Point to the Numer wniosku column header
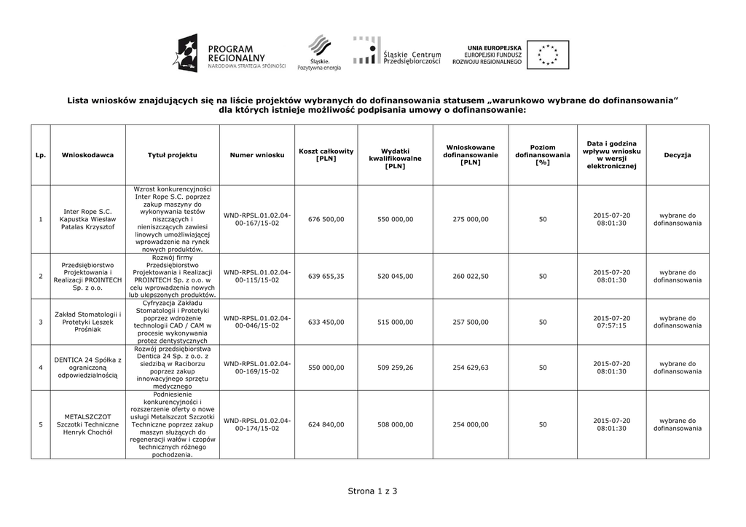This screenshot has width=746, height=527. click(257, 155)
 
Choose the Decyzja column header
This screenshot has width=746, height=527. click(677, 155)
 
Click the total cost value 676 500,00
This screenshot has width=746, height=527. click(326, 219)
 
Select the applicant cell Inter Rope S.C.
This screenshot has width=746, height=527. click(87, 219)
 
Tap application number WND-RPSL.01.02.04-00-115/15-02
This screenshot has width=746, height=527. click(257, 276)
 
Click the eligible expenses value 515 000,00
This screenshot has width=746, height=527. click(396, 322)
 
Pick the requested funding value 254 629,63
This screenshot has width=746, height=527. click(471, 368)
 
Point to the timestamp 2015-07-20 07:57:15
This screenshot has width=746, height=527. click(611, 322)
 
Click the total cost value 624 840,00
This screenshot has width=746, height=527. click(326, 424)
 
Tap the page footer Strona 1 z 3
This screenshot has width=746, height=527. click(373, 491)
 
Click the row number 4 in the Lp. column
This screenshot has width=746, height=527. click(41, 368)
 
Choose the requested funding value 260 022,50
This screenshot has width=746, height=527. click(471, 276)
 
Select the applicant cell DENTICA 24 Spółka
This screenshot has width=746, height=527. click(87, 368)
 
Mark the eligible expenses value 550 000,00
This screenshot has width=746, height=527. click(396, 219)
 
